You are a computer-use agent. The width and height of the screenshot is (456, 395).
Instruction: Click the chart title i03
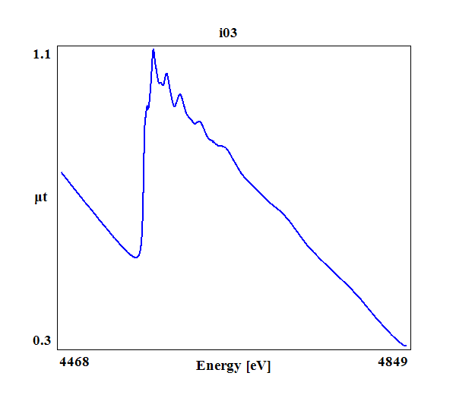pyautogui.click(x=229, y=33)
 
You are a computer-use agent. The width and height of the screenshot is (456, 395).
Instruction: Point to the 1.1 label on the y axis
pyautogui.click(x=41, y=54)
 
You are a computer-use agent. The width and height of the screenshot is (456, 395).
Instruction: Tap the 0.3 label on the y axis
pyautogui.click(x=41, y=340)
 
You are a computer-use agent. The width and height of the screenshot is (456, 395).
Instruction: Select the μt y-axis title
pyautogui.click(x=41, y=198)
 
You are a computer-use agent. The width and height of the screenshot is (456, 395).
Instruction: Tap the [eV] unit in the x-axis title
pyautogui.click(x=259, y=366)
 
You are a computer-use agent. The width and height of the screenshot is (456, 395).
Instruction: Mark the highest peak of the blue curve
pyautogui.click(x=154, y=50)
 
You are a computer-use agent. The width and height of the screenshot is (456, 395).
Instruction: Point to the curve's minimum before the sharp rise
pyautogui.click(x=135, y=258)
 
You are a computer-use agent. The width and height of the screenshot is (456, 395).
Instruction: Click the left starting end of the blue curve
pyautogui.click(x=62, y=172)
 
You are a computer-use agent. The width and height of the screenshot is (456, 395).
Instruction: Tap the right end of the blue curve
pyautogui.click(x=407, y=346)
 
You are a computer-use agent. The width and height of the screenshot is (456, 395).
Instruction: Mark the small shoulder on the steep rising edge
pyautogui.click(x=147, y=106)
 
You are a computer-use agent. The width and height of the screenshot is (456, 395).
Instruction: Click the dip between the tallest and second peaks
pyautogui.click(x=160, y=84)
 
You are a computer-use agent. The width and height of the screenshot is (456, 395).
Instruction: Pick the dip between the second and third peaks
pyautogui.click(x=174, y=106)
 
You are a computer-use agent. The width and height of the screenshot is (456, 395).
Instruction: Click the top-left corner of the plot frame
pyautogui.click(x=57, y=47)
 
